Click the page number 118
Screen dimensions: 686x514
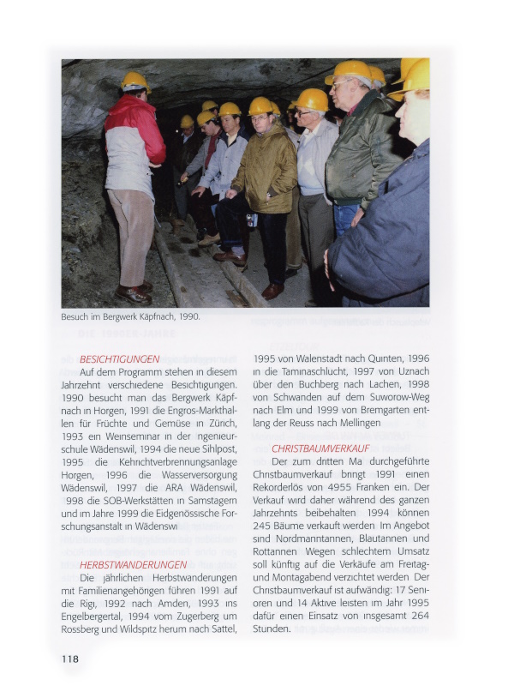pyautogui.click(x=69, y=659)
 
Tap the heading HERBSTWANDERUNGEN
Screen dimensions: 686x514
pyautogui.click(x=133, y=564)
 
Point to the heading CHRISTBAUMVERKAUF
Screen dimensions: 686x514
pyautogui.click(x=320, y=448)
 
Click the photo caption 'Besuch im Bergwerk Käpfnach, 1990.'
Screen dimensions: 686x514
pyautogui.click(x=130, y=316)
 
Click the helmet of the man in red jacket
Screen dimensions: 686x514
pyautogui.click(x=134, y=80)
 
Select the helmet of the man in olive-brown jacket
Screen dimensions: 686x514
pyautogui.click(x=260, y=105)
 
